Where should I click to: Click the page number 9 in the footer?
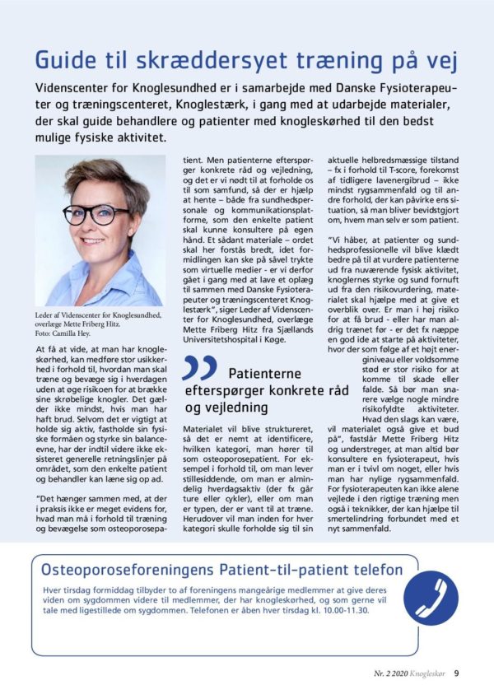tap(456, 672)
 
